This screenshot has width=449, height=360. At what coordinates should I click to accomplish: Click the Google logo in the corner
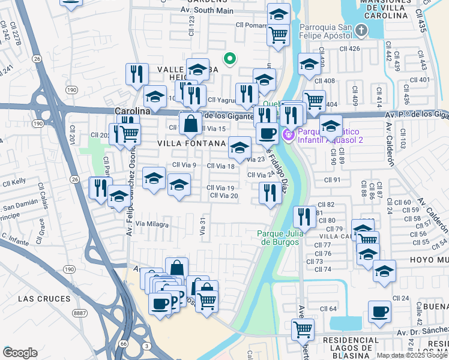point(20,353)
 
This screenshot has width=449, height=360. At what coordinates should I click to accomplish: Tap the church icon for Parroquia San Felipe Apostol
point(361,30)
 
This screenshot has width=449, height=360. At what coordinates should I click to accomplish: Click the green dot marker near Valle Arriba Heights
point(229,58)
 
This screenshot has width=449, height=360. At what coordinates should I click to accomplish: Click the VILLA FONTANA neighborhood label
point(191,143)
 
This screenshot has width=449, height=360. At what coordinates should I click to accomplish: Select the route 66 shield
point(123,343)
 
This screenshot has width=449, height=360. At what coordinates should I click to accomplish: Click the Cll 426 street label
point(349,49)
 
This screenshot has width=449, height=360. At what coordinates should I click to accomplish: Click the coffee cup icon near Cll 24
point(379,312)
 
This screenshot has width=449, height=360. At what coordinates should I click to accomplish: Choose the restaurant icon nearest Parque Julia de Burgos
point(305,217)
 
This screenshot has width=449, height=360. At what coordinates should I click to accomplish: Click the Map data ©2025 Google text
point(412,355)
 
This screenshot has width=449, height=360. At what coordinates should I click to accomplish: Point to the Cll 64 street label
point(328,308)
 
